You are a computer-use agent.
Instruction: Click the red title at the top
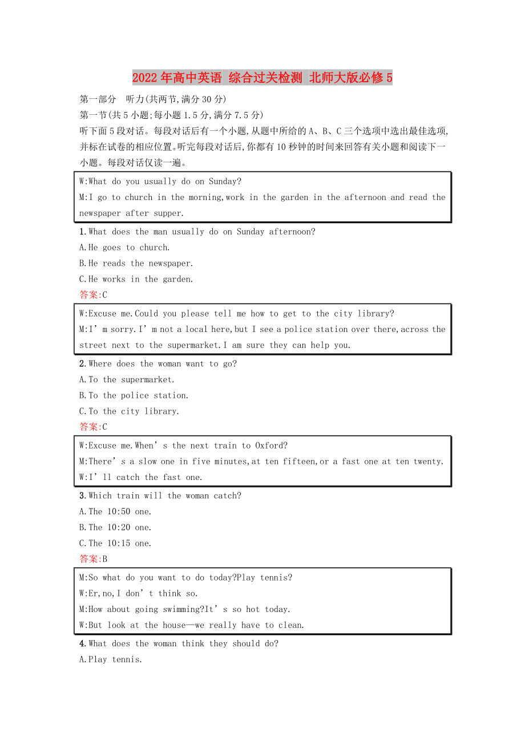pos(262,78)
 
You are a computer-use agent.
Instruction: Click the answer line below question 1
pos(94,295)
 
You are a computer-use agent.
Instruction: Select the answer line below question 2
pos(94,427)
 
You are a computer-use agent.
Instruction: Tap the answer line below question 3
pos(94,559)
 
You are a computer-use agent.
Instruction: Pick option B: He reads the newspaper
pos(136,263)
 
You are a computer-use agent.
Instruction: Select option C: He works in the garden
pos(136,279)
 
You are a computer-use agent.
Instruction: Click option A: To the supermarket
pos(127,379)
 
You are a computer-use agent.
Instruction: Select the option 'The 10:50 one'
pos(116,511)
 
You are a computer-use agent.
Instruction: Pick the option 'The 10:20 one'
pos(116,527)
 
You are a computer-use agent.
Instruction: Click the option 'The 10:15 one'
pos(116,543)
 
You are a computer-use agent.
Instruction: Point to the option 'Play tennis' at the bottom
pos(111,659)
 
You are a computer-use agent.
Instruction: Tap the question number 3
pos(83,496)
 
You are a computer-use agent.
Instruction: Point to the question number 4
pos(83,643)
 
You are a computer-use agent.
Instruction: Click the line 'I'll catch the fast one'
pos(141,477)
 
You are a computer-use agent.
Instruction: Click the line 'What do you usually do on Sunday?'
pos(160,182)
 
